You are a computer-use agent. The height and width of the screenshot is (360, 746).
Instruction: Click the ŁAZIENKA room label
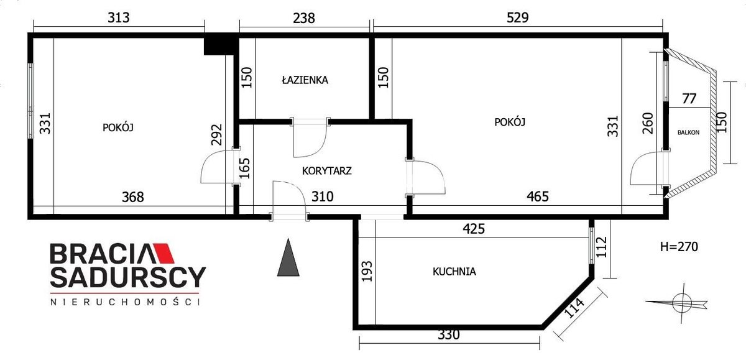(x=305, y=80)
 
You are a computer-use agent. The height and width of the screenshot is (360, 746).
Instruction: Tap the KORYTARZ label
(x=327, y=171)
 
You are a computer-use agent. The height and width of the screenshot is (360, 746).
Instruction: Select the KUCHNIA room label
(x=454, y=272)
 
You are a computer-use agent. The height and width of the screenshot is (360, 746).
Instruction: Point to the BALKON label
(x=688, y=132)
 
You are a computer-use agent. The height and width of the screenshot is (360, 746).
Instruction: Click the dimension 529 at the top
(x=517, y=17)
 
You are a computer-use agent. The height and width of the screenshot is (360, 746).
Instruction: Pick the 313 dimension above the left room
(x=119, y=17)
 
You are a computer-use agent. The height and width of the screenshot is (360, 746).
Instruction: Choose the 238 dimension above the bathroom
(x=304, y=18)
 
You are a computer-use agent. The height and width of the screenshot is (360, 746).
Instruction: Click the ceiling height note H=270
(x=679, y=247)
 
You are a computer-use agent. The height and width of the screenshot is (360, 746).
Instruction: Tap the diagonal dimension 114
(x=574, y=308)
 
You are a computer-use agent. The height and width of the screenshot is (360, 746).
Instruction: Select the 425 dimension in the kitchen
(x=474, y=229)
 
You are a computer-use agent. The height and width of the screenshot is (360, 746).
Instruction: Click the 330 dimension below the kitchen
(x=449, y=335)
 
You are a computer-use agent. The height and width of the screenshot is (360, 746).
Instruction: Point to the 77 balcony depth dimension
(x=689, y=99)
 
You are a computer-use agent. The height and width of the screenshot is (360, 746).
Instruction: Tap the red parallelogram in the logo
(x=163, y=254)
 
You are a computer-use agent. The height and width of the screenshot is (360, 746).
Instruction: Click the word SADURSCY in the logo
(x=128, y=277)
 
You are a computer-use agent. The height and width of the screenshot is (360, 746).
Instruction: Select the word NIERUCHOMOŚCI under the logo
(x=125, y=302)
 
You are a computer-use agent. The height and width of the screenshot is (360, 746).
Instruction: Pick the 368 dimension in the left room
(x=133, y=197)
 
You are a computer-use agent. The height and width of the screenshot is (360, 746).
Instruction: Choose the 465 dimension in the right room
(x=538, y=196)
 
